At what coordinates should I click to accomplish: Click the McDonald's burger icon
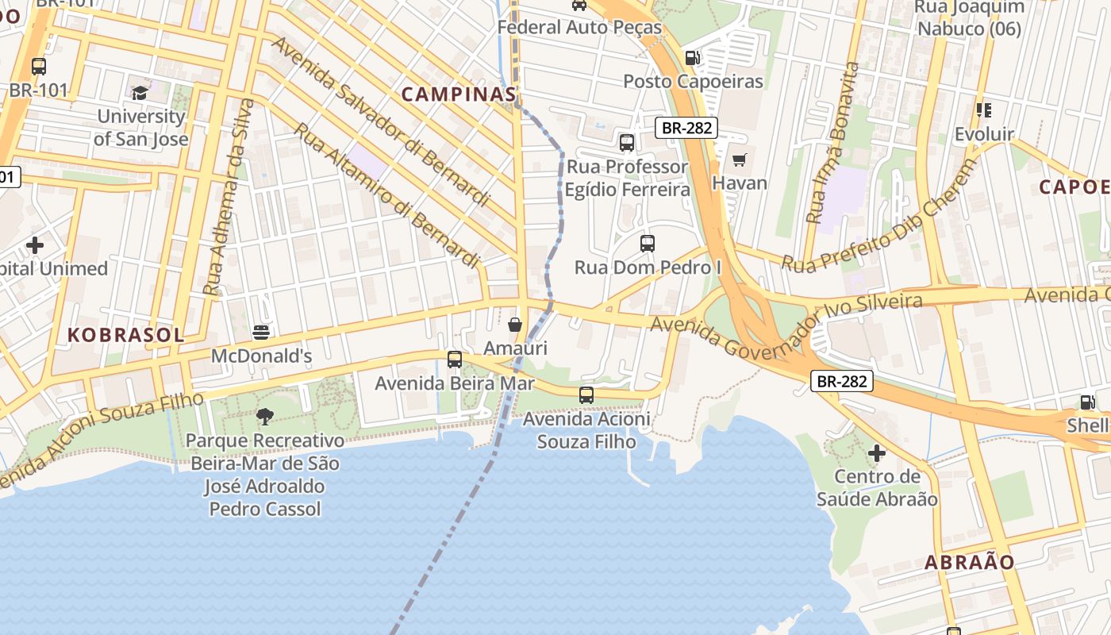(261, 332)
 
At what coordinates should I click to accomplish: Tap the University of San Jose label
(141, 127)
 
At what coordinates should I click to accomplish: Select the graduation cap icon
(140, 94)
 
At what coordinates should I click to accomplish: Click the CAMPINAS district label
(459, 94)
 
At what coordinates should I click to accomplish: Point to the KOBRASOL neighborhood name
(125, 335)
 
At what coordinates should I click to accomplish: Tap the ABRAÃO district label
(970, 563)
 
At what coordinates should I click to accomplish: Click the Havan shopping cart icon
(740, 160)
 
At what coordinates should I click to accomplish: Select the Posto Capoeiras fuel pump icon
(692, 57)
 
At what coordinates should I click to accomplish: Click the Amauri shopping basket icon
(515, 325)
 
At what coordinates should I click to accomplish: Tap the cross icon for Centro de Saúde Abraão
(877, 453)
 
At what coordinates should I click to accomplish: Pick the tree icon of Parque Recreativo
(265, 416)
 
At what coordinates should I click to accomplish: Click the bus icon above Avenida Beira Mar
(455, 360)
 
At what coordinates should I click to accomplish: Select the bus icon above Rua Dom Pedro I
(648, 244)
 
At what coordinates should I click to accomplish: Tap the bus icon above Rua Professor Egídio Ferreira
(627, 143)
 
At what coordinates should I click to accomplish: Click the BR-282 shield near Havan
(686, 127)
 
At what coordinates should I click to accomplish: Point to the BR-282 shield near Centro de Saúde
(843, 382)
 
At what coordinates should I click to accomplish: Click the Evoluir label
(984, 134)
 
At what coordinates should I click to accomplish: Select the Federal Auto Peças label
(579, 28)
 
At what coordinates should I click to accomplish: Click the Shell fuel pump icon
(1087, 402)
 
